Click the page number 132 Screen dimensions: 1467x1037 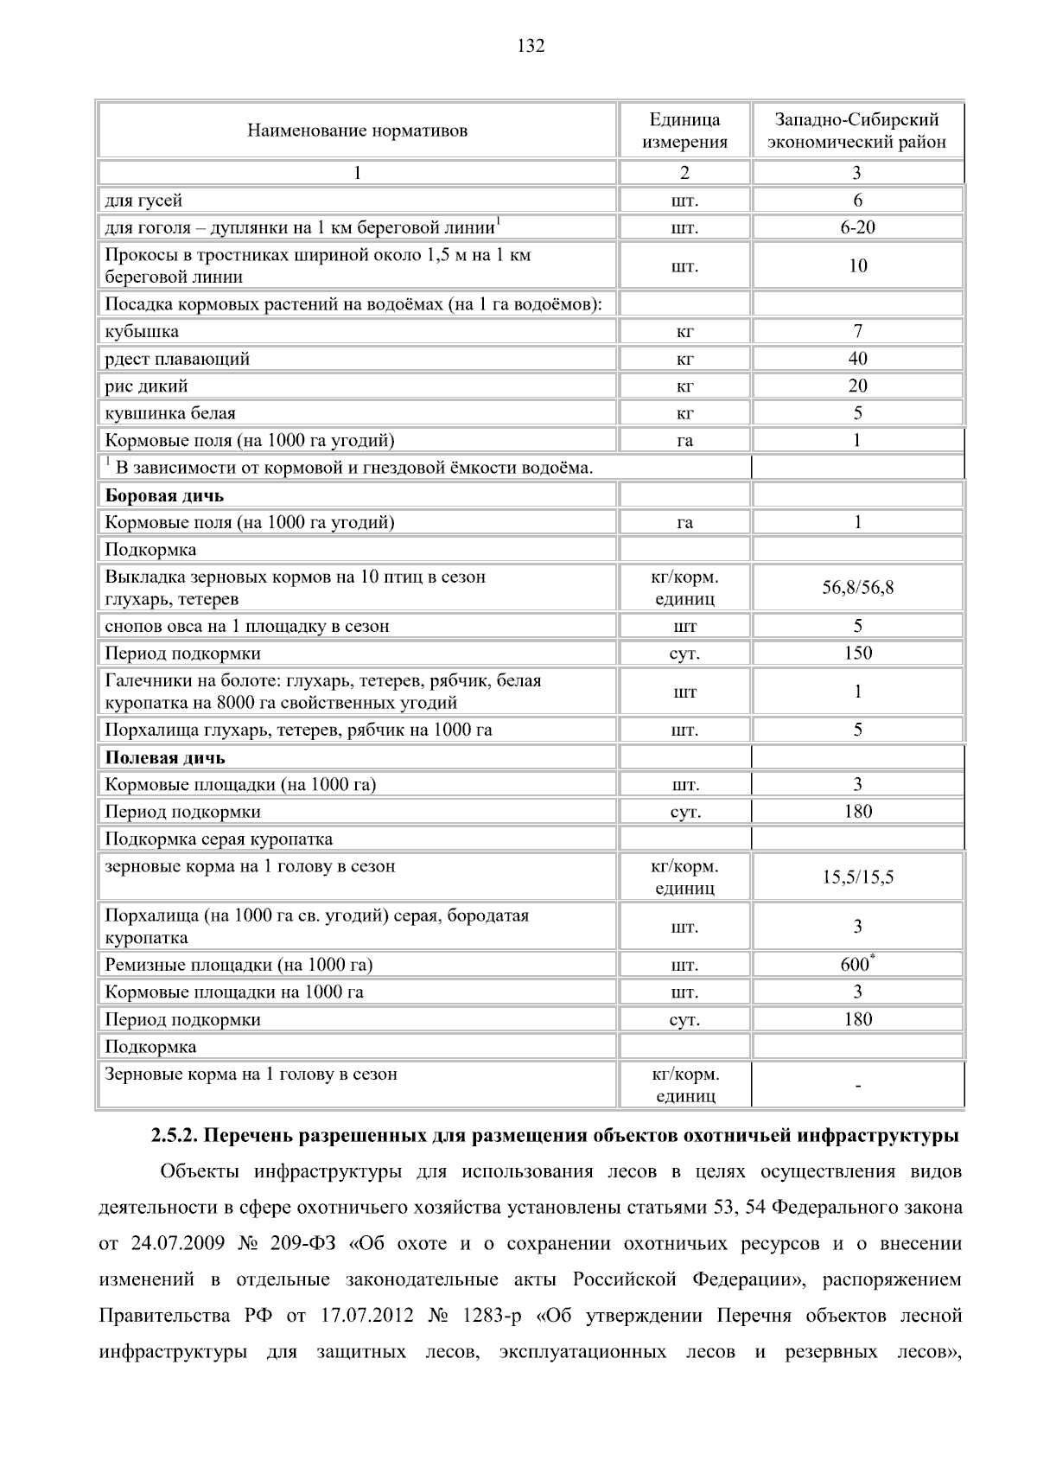[531, 47]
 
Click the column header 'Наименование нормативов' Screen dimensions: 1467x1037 [357, 131]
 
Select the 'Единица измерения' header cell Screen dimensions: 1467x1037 [684, 131]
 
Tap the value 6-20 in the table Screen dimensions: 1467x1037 [857, 228]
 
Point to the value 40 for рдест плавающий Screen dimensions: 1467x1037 [857, 359]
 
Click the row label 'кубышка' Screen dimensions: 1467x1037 [142, 332]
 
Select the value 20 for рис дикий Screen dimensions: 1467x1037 [857, 386]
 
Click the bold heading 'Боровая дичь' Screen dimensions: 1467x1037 [164, 496]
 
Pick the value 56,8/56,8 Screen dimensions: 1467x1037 [857, 588]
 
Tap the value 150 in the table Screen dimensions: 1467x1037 [857, 654]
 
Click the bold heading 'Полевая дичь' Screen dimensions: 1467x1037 [165, 758]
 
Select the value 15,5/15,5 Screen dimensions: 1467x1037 [857, 877]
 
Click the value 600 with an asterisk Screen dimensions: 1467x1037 [856, 965]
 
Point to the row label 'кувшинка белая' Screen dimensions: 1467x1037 [170, 414]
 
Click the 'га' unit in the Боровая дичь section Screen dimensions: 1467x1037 [684, 523]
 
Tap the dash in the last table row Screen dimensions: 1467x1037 [857, 1087]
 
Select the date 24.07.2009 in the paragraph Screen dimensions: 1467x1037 [172, 1244]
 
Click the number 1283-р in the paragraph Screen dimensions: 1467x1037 [491, 1317]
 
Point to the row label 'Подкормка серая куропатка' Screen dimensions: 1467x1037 [219, 839]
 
